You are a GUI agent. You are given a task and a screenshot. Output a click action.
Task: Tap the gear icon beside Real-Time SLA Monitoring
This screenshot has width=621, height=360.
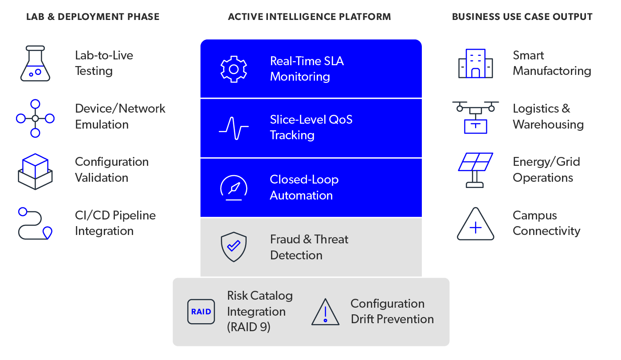[234, 69]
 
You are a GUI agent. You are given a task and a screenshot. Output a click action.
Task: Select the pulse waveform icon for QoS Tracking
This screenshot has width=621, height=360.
[234, 128]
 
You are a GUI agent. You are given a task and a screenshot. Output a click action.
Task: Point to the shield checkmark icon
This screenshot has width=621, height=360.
[234, 247]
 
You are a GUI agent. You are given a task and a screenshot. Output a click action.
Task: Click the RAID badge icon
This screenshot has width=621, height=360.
[201, 312]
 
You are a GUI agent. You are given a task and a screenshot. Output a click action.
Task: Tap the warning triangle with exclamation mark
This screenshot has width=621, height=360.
[325, 312]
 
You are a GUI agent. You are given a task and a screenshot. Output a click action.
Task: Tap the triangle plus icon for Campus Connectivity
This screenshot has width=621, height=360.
[476, 224]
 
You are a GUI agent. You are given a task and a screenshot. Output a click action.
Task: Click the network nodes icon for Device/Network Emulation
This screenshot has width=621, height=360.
[35, 118]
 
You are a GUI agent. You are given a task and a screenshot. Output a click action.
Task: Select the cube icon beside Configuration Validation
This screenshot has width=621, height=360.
[35, 171]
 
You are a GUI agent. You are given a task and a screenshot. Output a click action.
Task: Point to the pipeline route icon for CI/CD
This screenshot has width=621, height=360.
[35, 224]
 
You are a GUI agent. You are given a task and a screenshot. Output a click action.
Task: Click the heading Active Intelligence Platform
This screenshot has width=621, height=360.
[310, 17]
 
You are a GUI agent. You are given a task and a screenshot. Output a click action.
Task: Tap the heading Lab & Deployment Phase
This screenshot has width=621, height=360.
[93, 17]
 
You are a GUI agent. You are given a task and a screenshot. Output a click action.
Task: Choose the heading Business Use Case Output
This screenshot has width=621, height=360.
[522, 17]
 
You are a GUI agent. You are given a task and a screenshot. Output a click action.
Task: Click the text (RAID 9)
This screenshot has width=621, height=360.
[249, 328]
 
